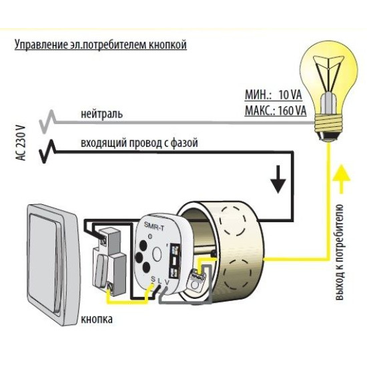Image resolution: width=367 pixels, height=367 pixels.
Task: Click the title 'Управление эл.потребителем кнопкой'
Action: pos(101,45)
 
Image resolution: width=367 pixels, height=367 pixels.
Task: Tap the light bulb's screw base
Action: pos(328,127)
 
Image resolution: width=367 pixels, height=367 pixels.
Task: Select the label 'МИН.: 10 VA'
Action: pos(273,95)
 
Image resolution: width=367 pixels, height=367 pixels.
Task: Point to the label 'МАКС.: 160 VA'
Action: pos(276,111)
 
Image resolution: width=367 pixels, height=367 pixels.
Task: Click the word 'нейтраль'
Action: pos(101,114)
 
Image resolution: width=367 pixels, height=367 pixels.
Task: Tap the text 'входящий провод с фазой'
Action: pos(139,143)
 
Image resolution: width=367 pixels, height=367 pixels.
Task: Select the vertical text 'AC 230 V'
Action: pos(21,143)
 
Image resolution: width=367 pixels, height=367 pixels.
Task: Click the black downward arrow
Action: pos(278,179)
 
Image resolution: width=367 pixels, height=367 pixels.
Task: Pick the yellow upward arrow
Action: pos(341,179)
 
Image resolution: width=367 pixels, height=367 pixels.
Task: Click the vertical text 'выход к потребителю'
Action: pos(340,252)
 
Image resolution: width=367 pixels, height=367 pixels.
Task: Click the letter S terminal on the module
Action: pos(153,279)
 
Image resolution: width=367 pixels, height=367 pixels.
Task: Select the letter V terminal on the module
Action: pos(167,282)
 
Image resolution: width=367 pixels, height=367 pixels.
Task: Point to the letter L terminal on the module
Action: pos(160,281)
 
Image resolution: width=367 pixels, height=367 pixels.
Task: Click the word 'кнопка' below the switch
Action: pos(97,319)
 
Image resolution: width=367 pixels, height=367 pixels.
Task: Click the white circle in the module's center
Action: pos(157,255)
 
